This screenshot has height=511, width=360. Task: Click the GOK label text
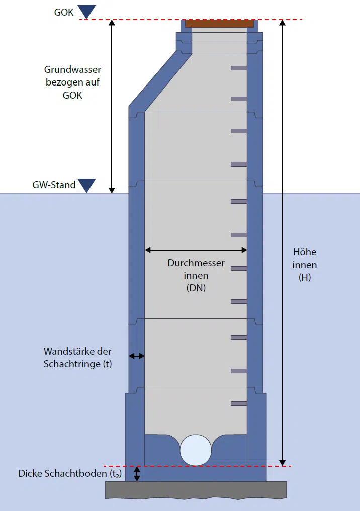pos(64,12)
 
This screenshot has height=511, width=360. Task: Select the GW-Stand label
pos(54,185)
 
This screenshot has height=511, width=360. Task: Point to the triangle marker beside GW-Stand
pos(87,185)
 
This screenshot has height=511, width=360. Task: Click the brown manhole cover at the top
pos(219,23)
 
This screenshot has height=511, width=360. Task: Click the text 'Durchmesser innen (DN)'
pos(196,276)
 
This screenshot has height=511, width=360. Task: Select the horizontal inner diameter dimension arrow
pos(196,250)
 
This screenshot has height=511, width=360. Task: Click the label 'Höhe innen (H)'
pos(305,265)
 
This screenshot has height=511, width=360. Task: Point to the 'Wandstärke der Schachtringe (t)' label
pos(77,357)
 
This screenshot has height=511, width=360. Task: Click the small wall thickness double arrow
pos(136,356)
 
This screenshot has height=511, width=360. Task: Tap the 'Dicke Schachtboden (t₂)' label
pos(70,474)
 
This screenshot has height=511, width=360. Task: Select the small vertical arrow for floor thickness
pos(136,474)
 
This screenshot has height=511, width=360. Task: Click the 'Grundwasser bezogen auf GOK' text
pos(72,82)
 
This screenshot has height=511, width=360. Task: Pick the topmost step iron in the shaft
pos(239,68)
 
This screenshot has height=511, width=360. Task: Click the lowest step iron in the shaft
pos(239,403)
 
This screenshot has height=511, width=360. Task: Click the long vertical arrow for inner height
pos(283,241)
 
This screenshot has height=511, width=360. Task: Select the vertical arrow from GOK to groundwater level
pos(112,106)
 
